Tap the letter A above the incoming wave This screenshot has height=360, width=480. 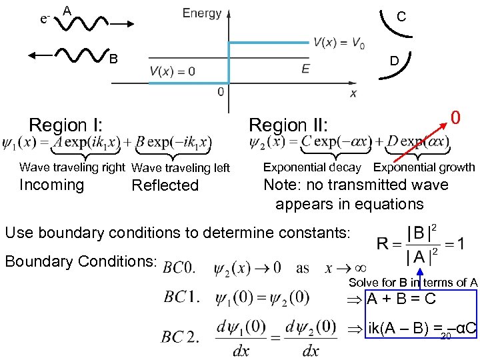[67, 11]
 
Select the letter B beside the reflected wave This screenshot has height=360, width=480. [113, 59]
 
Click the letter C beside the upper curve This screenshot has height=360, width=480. [401, 17]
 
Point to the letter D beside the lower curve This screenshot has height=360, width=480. [395, 61]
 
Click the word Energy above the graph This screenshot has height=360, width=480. [202, 13]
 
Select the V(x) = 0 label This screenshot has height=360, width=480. [172, 71]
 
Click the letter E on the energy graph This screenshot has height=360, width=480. [305, 69]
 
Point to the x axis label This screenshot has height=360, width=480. [353, 93]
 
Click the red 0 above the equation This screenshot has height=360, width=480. [455, 118]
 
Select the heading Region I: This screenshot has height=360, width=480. [67, 125]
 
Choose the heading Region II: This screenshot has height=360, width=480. [288, 125]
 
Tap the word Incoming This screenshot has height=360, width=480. [52, 185]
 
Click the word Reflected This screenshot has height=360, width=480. [165, 185]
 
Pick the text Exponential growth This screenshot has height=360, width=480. [424, 167]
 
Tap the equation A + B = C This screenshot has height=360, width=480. [401, 299]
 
